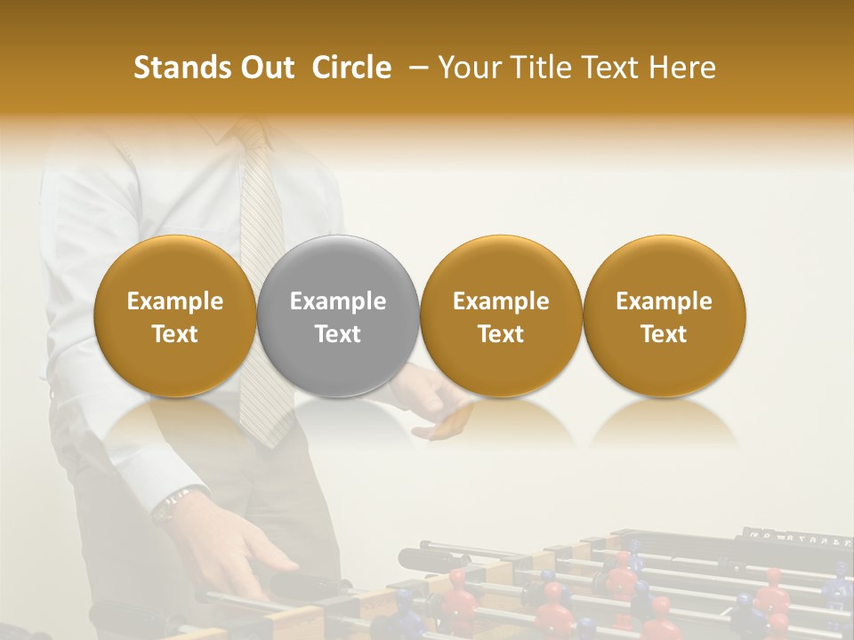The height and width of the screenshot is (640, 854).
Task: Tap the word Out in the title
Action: pyautogui.click(x=264, y=68)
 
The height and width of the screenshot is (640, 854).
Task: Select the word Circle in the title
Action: pyautogui.click(x=351, y=68)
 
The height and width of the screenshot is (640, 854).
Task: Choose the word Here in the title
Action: pyautogui.click(x=682, y=68)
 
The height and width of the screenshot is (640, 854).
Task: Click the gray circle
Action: pyautogui.click(x=338, y=316)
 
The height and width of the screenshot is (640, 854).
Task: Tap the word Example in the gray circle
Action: pyautogui.click(x=338, y=301)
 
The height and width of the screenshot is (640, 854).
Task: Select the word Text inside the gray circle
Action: pyautogui.click(x=338, y=334)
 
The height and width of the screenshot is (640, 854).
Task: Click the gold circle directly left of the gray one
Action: pyautogui.click(x=175, y=316)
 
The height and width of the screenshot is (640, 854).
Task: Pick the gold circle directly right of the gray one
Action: pyautogui.click(x=501, y=316)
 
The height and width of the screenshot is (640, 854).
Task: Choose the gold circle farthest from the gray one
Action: pyautogui.click(x=664, y=316)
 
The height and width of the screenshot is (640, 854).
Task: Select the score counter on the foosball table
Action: pyautogui.click(x=796, y=536)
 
